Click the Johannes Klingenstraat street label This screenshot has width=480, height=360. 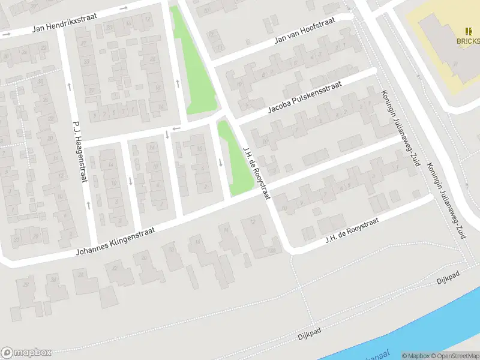[x=115, y=242]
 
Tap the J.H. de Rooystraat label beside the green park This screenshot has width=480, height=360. [x=257, y=173]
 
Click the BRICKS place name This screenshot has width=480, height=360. [x=468, y=41]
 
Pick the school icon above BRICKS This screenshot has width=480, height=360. [x=469, y=31]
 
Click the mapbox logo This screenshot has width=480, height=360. [x=26, y=352]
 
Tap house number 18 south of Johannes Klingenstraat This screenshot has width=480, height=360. [x=171, y=250]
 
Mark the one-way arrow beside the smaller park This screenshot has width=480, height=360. [x=221, y=162]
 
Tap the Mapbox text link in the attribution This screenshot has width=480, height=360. [x=416, y=356]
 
